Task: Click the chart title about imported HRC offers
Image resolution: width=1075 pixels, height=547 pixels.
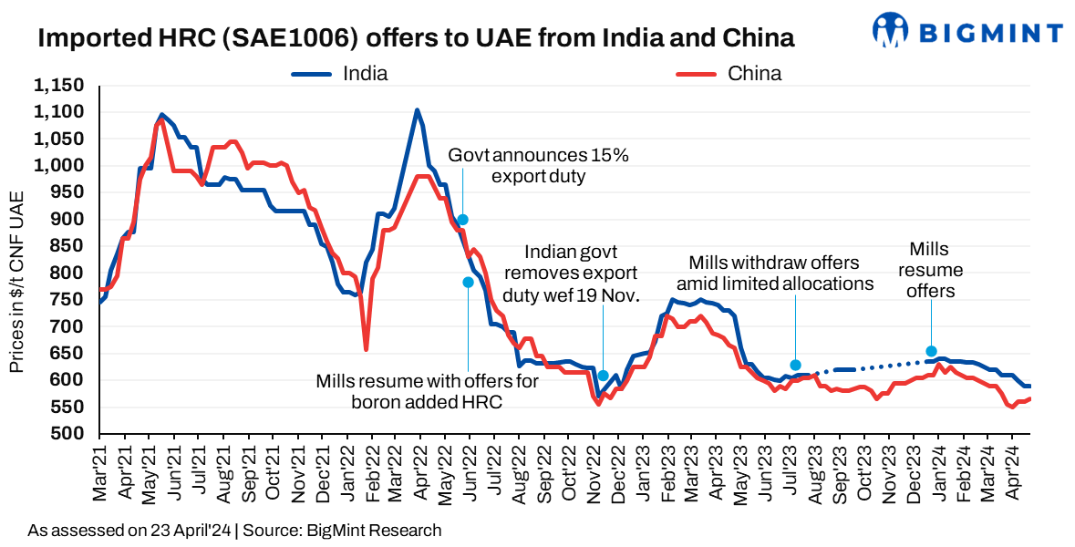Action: pyautogui.click(x=415, y=38)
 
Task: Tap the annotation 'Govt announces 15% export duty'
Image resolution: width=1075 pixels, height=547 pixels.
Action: pyautogui.click(x=538, y=165)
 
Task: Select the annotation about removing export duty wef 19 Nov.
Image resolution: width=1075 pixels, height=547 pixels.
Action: pyautogui.click(x=582, y=272)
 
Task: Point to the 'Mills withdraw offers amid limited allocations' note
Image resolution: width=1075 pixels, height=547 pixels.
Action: pyautogui.click(x=781, y=273)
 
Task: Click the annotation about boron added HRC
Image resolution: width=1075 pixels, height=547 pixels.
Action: pyautogui.click(x=427, y=391)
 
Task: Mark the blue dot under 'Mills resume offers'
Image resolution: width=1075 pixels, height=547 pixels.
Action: pyautogui.click(x=931, y=351)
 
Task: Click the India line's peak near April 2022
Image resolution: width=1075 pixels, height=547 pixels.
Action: pyautogui.click(x=417, y=110)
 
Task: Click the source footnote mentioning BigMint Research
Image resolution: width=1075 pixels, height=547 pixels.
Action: pyautogui.click(x=234, y=530)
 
